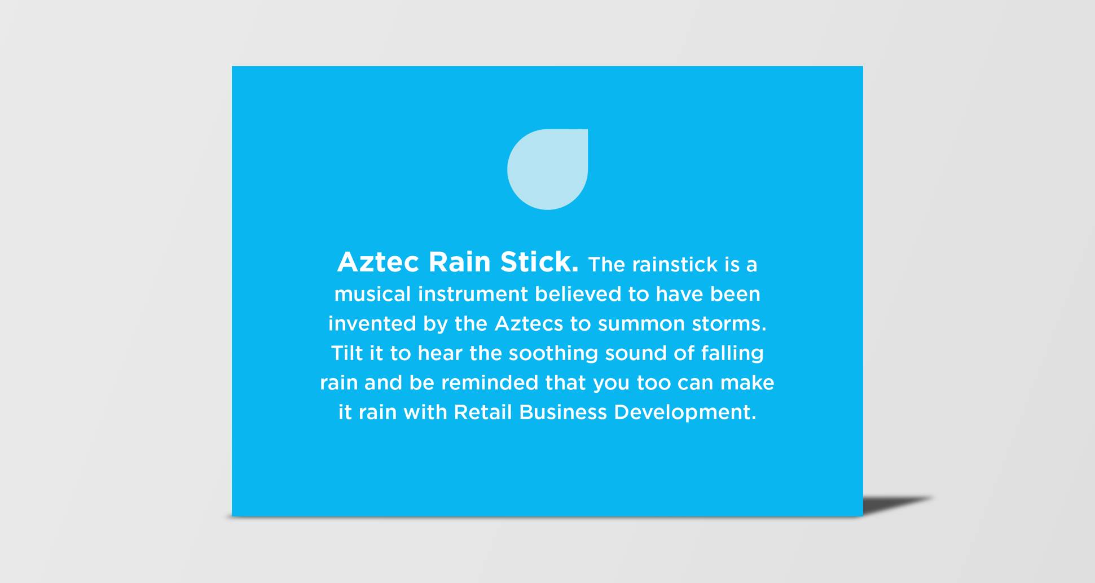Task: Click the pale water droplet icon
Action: (547, 169)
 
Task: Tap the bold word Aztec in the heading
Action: (378, 262)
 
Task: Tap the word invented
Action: (372, 323)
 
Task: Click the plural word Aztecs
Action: (529, 323)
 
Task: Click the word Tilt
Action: (346, 353)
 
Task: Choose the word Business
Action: (563, 412)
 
